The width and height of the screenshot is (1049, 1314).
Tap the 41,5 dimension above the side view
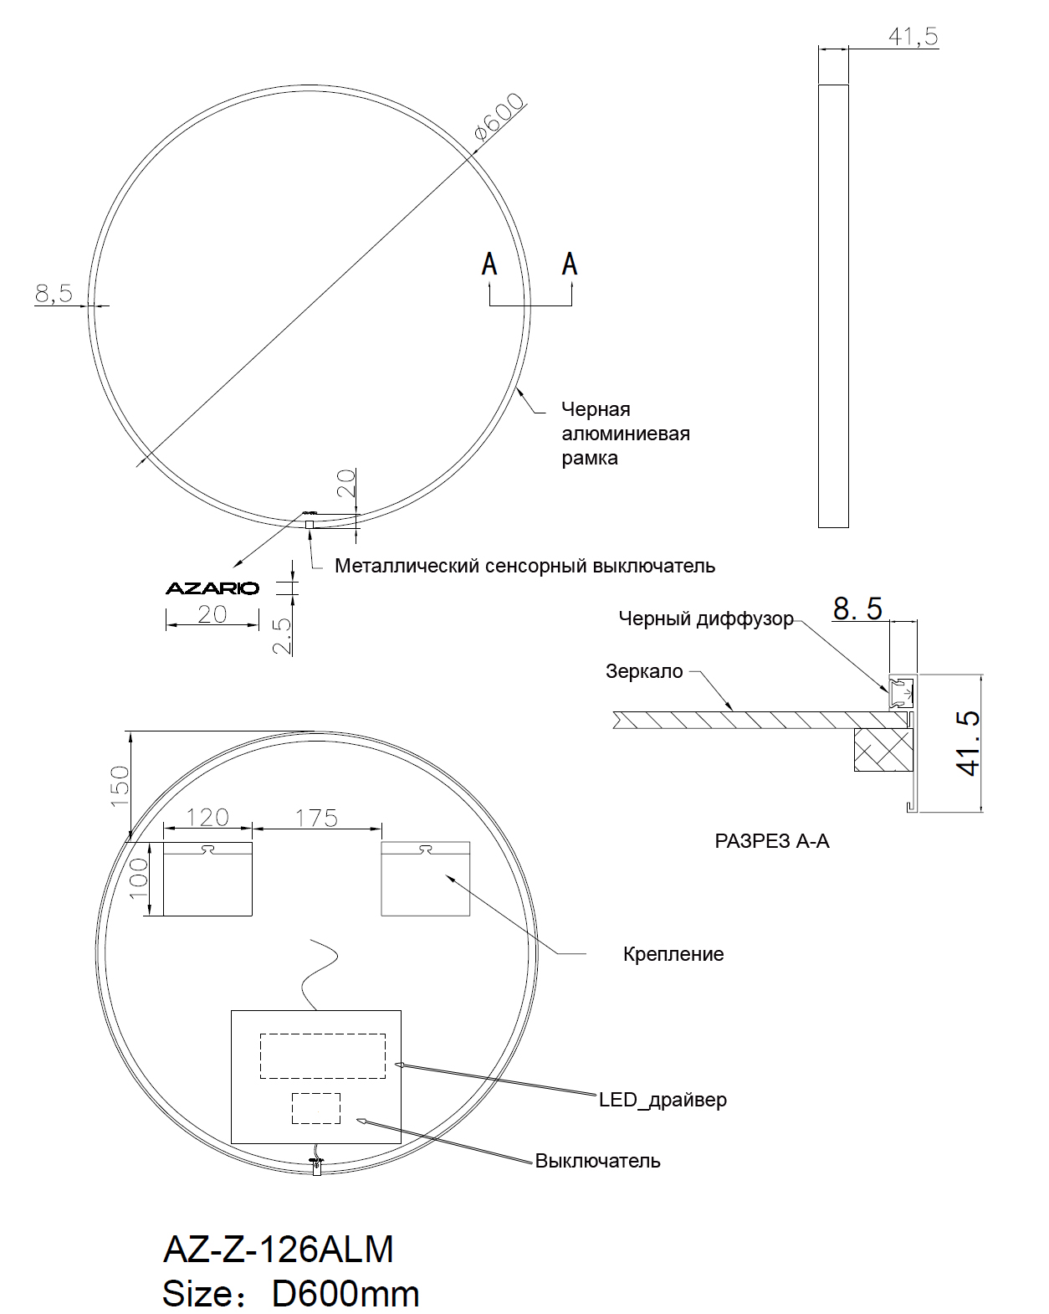pos(912,37)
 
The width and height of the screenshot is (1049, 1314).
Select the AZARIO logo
pos(212,588)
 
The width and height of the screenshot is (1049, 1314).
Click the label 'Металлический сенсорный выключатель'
pos(524,566)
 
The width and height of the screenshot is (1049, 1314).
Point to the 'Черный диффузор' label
pos(705,619)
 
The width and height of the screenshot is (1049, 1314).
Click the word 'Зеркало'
pos(644,671)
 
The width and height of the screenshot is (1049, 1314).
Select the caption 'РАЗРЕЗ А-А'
pos(771,841)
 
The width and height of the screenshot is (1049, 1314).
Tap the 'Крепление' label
pos(673,954)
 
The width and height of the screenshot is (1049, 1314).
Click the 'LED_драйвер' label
pos(663,1100)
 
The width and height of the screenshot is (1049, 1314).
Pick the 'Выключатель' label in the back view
pos(597,1162)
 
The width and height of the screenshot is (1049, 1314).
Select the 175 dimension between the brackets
pos(316,818)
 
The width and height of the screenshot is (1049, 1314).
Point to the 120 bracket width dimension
pos(207,817)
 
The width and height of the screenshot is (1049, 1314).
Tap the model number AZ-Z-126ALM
pos(278,1249)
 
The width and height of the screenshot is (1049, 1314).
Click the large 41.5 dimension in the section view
pos(968,742)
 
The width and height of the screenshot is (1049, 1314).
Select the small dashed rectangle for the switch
pos(315,1108)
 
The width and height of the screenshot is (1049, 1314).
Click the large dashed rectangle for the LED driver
pos(322,1055)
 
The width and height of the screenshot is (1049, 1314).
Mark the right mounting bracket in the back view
pos(426,879)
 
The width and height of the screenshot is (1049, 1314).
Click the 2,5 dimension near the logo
pos(284,636)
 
